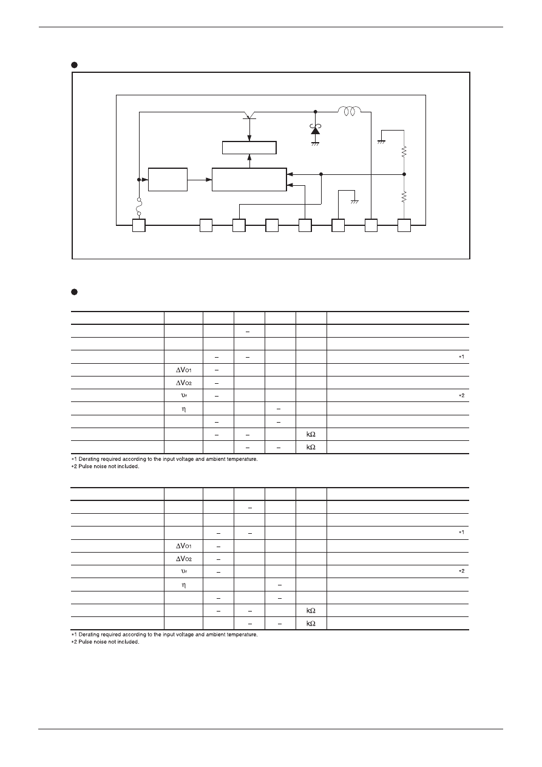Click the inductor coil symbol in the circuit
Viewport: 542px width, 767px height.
click(350, 111)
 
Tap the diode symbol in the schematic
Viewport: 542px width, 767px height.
click(315, 129)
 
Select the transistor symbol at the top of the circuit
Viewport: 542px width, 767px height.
click(249, 115)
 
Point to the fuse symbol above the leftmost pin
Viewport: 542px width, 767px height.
click(139, 206)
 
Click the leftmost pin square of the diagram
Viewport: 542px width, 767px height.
click(139, 225)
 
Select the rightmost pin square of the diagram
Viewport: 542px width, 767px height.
click(404, 225)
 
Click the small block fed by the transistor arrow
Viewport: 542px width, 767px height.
click(249, 148)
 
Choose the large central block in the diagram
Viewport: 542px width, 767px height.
click(249, 179)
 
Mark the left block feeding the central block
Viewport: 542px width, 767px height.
click(168, 179)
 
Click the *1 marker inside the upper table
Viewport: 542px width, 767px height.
click(462, 356)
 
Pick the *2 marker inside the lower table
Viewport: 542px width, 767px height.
click(462, 571)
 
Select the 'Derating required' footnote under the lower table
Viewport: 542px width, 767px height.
click(164, 635)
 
